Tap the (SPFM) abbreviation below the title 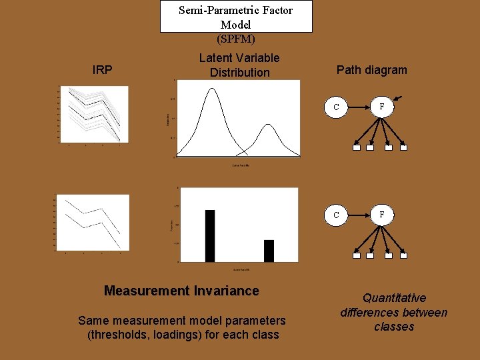[236, 39]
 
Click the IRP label [102, 70]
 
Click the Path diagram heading [371, 70]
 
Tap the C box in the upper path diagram [336, 107]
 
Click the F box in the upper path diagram [382, 107]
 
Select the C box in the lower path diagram [336, 215]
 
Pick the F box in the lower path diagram [382, 215]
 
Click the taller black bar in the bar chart [210, 235]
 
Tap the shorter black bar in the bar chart [269, 251]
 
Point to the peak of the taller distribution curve [212, 89]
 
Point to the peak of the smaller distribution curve [268, 125]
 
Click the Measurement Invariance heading [181, 291]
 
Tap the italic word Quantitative [394, 298]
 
